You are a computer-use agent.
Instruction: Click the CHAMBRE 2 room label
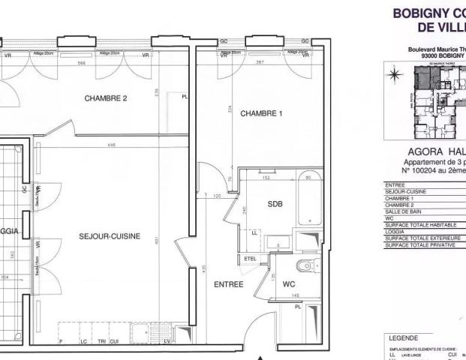click(106, 98)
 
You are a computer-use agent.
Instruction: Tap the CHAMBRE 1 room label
click(260, 114)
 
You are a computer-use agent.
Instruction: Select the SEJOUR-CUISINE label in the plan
click(110, 236)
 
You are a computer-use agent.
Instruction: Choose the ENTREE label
click(228, 285)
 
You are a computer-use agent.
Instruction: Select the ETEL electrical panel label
click(250, 259)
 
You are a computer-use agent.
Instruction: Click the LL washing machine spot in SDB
click(254, 233)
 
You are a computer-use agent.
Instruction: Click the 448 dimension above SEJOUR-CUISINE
click(111, 145)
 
